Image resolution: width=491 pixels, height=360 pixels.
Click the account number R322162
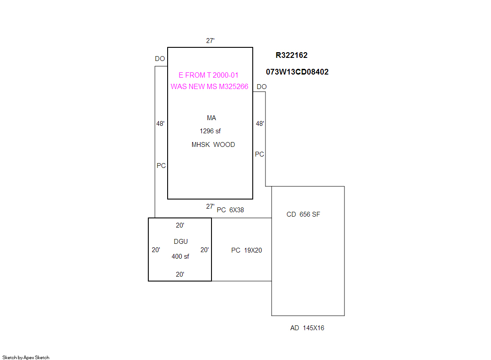click(291, 55)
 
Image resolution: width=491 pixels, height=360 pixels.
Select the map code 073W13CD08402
click(297, 71)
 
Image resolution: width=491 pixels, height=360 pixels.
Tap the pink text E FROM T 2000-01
click(208, 75)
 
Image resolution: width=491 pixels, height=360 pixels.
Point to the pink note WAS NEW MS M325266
click(209, 86)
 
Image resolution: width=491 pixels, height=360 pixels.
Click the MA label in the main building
click(211, 118)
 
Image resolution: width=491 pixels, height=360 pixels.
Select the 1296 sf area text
click(210, 131)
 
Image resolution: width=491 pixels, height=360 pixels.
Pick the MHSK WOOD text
click(213, 145)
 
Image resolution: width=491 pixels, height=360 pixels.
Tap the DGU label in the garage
click(181, 241)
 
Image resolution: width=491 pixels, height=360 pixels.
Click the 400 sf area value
click(180, 257)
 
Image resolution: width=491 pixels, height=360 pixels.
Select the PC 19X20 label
click(247, 250)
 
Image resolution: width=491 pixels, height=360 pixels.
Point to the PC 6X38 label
click(230, 210)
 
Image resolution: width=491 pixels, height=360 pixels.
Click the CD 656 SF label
click(303, 214)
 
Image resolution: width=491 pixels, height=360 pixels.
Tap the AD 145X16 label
click(307, 328)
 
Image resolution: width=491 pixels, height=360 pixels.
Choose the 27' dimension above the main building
click(210, 40)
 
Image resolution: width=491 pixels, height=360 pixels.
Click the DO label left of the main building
click(160, 59)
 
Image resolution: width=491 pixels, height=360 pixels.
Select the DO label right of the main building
click(262, 87)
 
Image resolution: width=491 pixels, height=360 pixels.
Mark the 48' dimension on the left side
click(160, 124)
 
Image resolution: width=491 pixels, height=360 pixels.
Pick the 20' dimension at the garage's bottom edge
click(180, 274)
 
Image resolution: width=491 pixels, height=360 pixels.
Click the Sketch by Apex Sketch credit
click(26, 357)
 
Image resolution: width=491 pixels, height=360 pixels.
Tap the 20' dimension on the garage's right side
click(204, 250)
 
